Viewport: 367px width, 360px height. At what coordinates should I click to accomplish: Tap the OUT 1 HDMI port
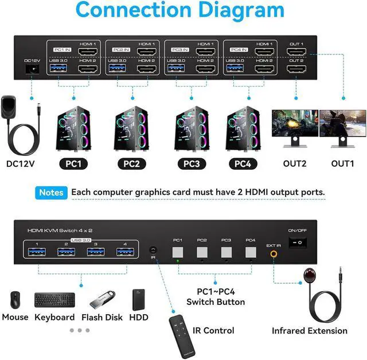(x=296, y=52)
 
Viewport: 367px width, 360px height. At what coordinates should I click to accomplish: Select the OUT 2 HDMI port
(x=296, y=69)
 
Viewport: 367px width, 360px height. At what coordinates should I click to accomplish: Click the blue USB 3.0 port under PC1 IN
(x=59, y=69)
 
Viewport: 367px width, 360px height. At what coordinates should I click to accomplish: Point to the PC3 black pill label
(x=192, y=163)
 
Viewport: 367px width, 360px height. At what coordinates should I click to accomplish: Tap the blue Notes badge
(x=52, y=193)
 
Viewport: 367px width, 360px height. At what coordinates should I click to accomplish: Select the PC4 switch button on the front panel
(x=250, y=252)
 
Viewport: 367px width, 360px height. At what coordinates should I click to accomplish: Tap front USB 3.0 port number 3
(x=95, y=253)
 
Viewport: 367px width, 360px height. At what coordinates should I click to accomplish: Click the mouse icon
(x=14, y=300)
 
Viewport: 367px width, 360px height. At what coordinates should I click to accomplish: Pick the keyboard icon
(x=54, y=300)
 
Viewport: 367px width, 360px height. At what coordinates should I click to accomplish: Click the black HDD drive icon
(x=138, y=299)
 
